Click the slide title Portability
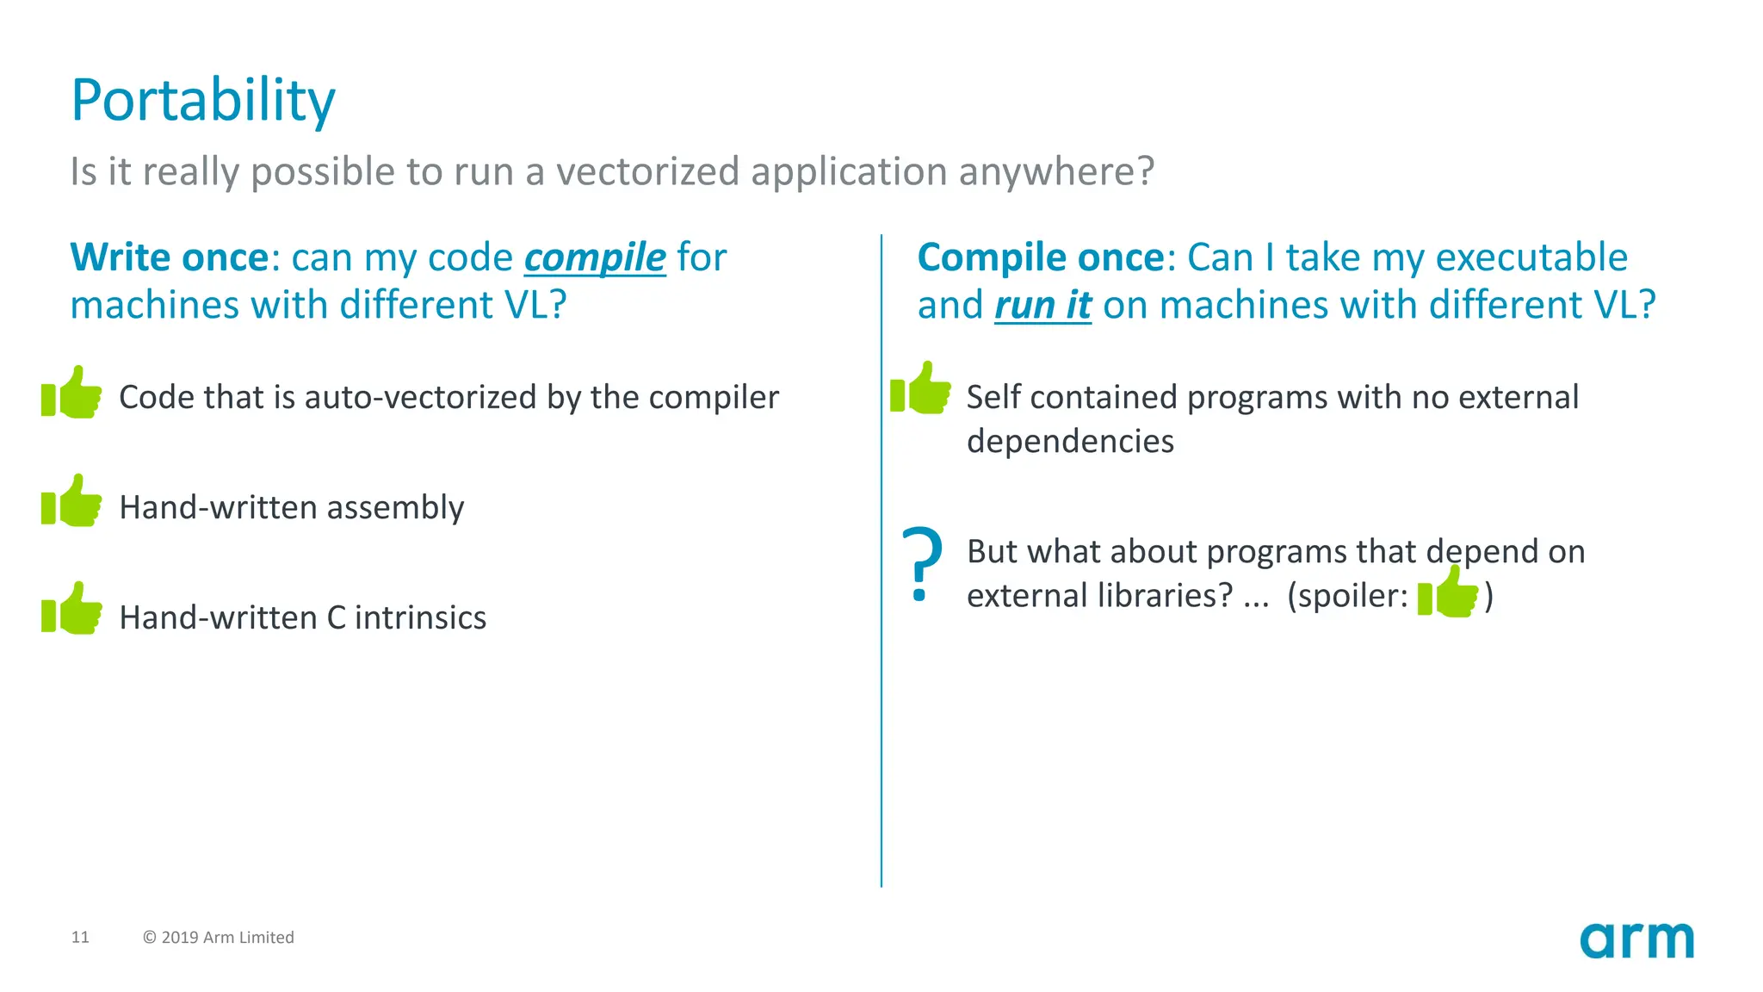click(x=202, y=102)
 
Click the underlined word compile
click(x=595, y=258)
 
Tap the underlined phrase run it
click(x=1042, y=306)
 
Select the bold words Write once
click(x=170, y=257)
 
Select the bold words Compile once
click(x=1041, y=257)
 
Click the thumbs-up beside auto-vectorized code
click(x=72, y=393)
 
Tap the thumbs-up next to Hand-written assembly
click(x=72, y=501)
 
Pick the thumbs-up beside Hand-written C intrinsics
click(x=72, y=610)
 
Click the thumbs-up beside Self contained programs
click(x=921, y=388)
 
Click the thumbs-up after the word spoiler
click(x=1448, y=592)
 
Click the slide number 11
click(x=80, y=937)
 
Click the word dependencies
click(x=1070, y=442)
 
